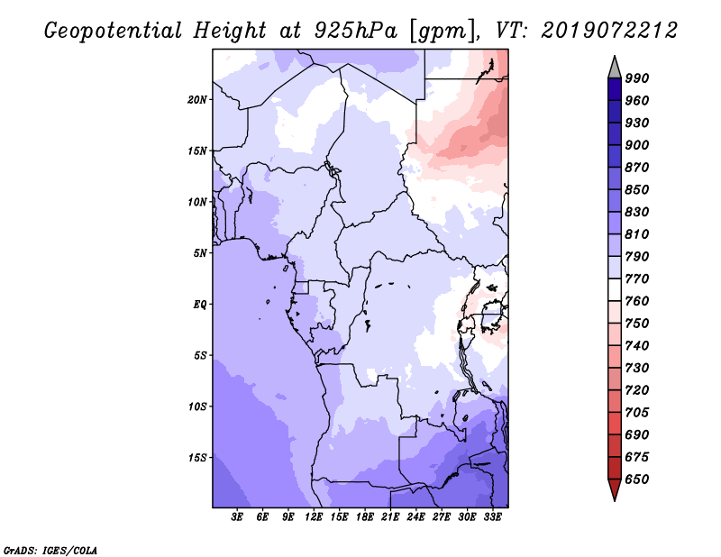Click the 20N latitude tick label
click(197, 99)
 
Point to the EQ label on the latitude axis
click(200, 305)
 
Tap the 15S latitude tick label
click(197, 458)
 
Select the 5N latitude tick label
click(200, 253)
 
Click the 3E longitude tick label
click(238, 517)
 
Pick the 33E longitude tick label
click(492, 517)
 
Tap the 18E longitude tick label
click(365, 517)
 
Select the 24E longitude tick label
click(415, 517)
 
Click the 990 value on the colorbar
click(637, 78)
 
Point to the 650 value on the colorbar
click(637, 479)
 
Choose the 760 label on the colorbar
click(637, 301)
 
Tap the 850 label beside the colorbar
click(637, 190)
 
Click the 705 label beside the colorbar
click(637, 413)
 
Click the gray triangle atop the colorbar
click(614, 67)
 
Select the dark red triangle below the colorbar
click(614, 490)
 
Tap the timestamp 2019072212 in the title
click(609, 31)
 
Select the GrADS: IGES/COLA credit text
click(50, 548)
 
